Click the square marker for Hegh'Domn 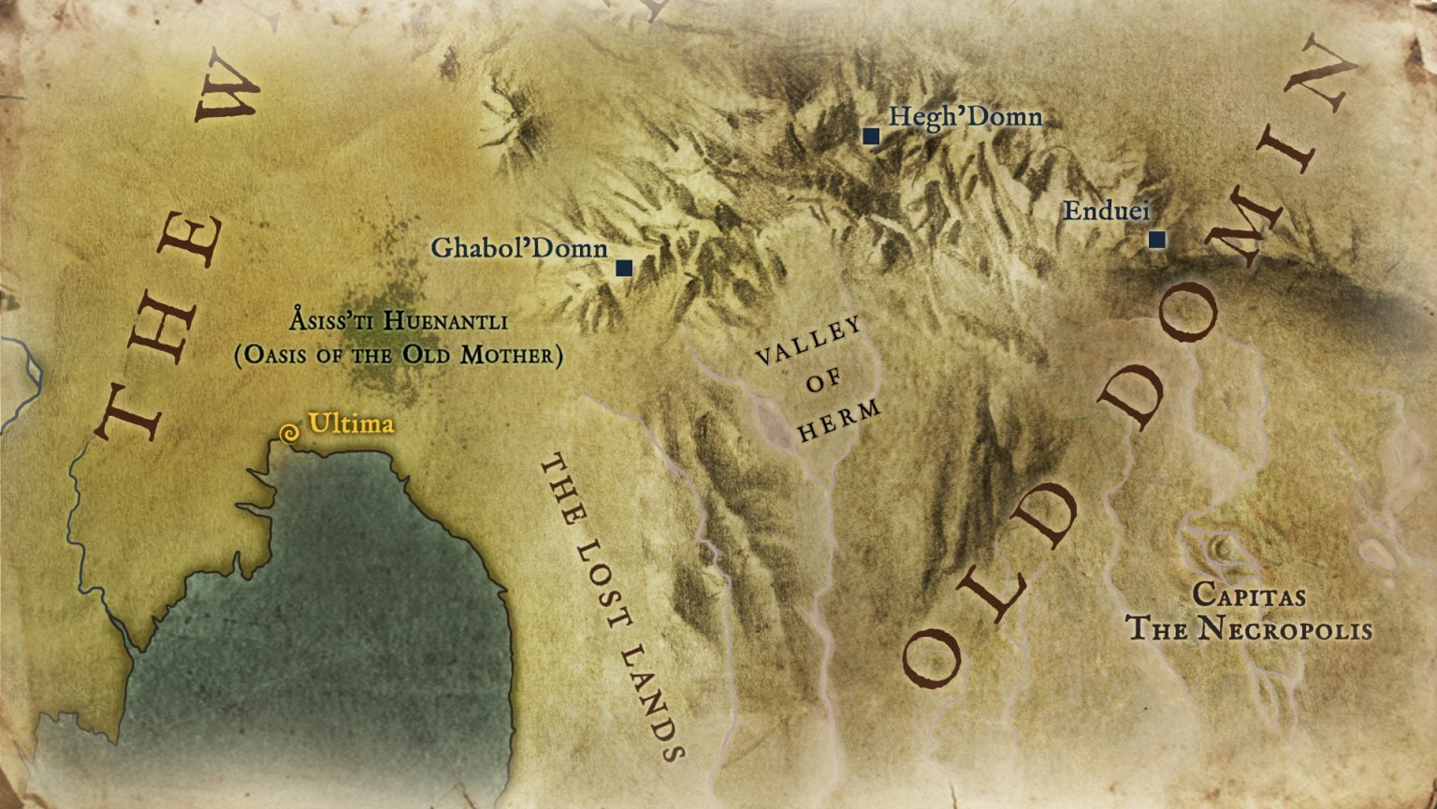click(x=871, y=137)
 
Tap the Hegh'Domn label click(x=965, y=117)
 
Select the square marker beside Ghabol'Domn click(x=624, y=269)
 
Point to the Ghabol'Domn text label click(x=519, y=249)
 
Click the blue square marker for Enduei click(x=1157, y=240)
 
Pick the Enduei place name click(x=1106, y=212)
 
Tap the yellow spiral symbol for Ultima click(x=290, y=434)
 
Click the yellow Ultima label click(x=351, y=424)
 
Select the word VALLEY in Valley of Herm click(x=808, y=342)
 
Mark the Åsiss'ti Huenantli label click(x=399, y=323)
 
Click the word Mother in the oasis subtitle click(x=509, y=357)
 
